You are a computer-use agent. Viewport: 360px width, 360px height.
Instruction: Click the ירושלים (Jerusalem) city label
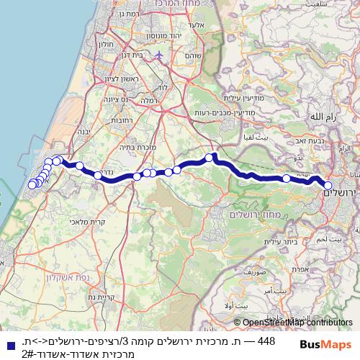(x=341, y=192)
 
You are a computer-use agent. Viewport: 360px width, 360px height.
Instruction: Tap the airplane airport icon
(x=159, y=55)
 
